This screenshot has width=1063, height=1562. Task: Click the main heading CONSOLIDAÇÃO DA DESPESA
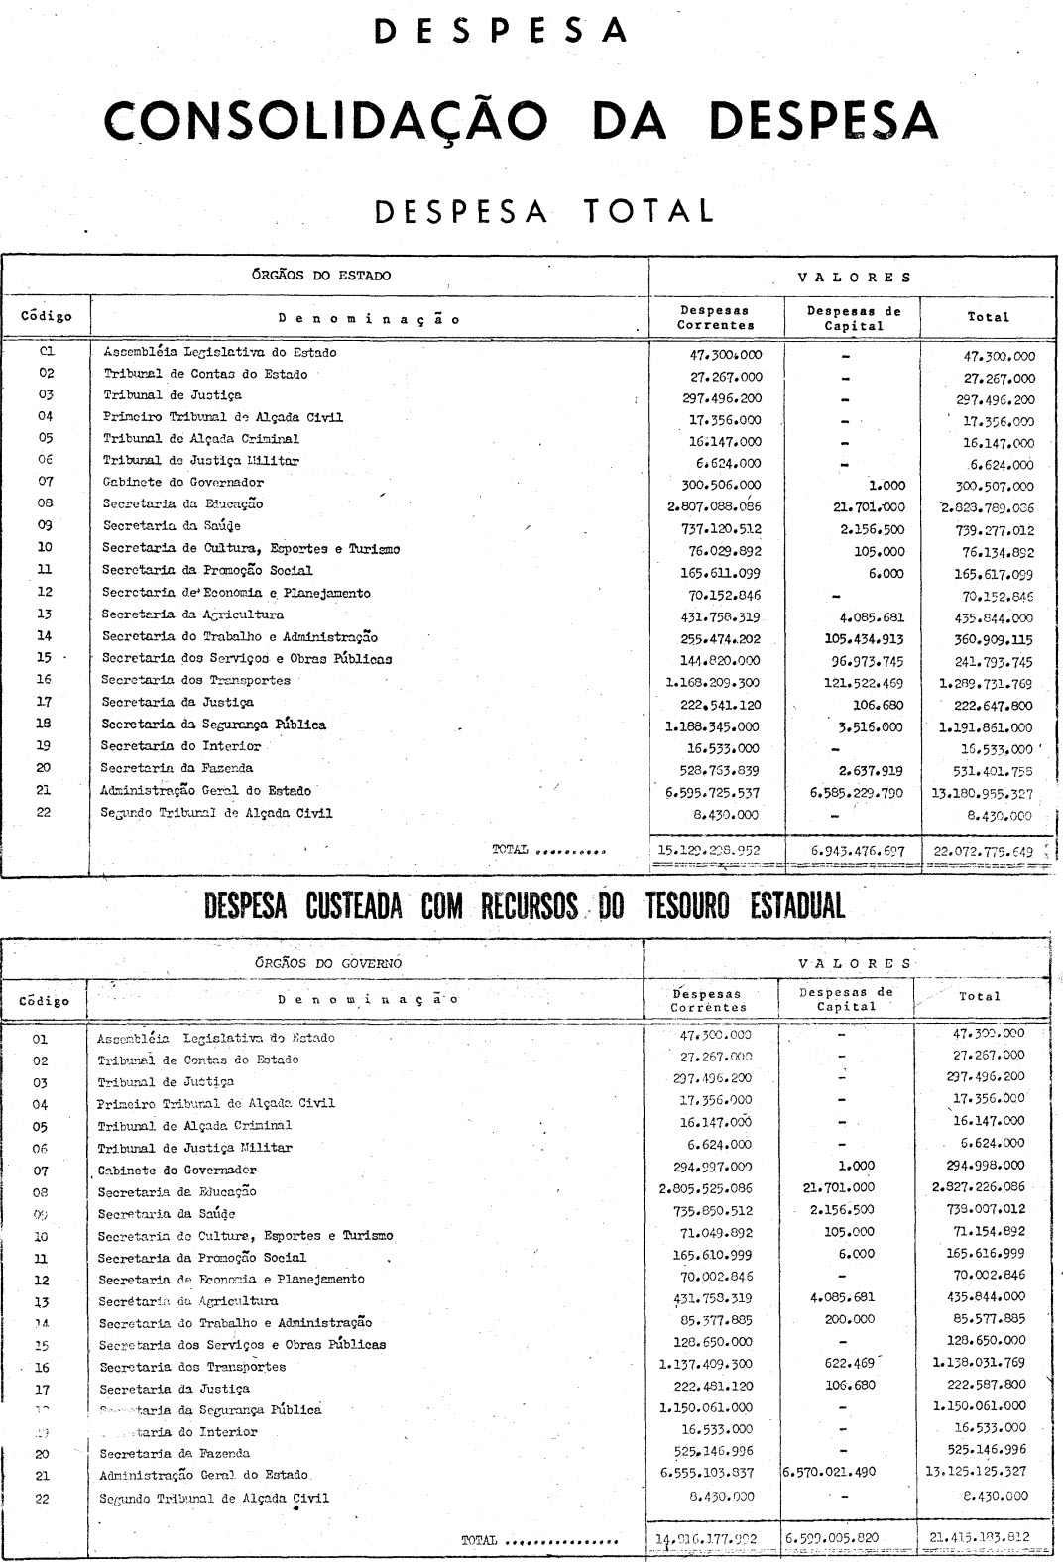522,121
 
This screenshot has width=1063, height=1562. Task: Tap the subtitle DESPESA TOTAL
531,210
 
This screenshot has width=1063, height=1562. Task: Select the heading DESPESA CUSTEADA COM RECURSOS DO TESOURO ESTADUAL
525,905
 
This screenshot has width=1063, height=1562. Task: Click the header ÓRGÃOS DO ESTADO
321,276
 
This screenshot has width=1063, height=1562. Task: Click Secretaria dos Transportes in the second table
191,1367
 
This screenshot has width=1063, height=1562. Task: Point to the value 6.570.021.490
830,1473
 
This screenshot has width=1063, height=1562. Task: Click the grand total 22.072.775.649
984,850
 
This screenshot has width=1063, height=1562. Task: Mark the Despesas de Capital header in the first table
854,317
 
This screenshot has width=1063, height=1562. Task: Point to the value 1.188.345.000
709,725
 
